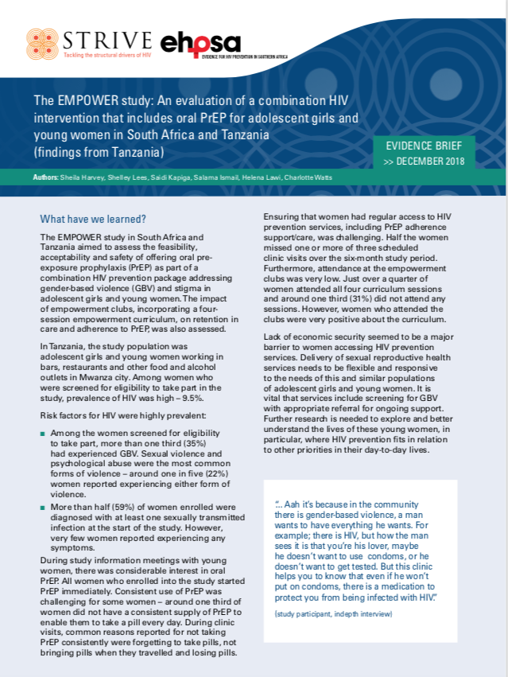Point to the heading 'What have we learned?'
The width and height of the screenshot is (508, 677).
tap(94, 219)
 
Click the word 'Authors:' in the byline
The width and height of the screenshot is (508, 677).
tap(45, 177)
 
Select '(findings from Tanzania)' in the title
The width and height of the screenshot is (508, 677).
tap(98, 152)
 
